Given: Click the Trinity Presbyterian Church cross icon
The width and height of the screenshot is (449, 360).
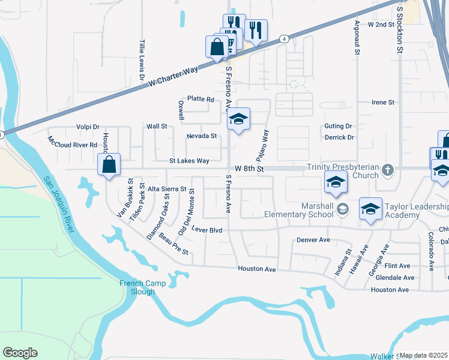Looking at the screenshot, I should click(x=388, y=169).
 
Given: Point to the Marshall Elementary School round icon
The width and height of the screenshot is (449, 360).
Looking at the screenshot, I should click(x=343, y=209).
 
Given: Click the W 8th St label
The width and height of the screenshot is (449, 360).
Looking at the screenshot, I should click(x=249, y=169).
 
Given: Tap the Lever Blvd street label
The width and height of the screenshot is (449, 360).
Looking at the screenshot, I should click(x=207, y=230).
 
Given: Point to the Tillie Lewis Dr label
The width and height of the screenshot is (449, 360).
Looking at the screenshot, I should click(x=142, y=61).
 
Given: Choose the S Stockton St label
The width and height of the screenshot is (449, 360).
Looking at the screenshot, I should click(x=399, y=31).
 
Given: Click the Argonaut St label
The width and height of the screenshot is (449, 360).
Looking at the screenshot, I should click(x=357, y=38).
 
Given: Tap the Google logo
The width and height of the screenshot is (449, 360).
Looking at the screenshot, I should click(x=20, y=353).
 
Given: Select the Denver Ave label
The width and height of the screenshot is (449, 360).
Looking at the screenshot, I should click(x=313, y=240).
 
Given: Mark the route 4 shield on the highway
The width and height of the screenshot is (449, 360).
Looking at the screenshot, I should click(x=283, y=38).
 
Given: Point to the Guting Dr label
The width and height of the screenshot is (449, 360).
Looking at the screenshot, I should click(x=338, y=126).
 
